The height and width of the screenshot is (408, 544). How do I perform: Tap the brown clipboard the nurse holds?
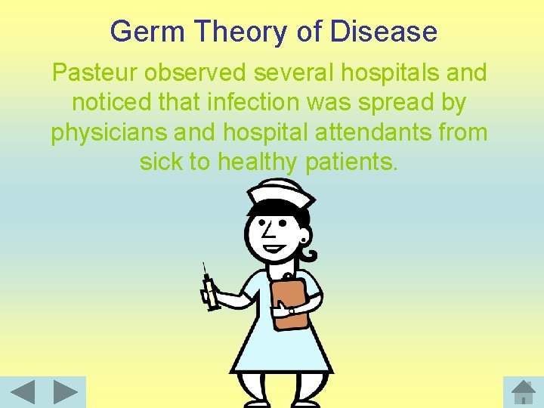(x=289, y=301)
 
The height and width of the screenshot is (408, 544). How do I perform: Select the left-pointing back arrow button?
(x=23, y=392)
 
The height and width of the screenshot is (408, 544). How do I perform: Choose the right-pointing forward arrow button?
(x=65, y=392)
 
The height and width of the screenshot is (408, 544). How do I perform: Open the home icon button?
(x=523, y=392)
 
